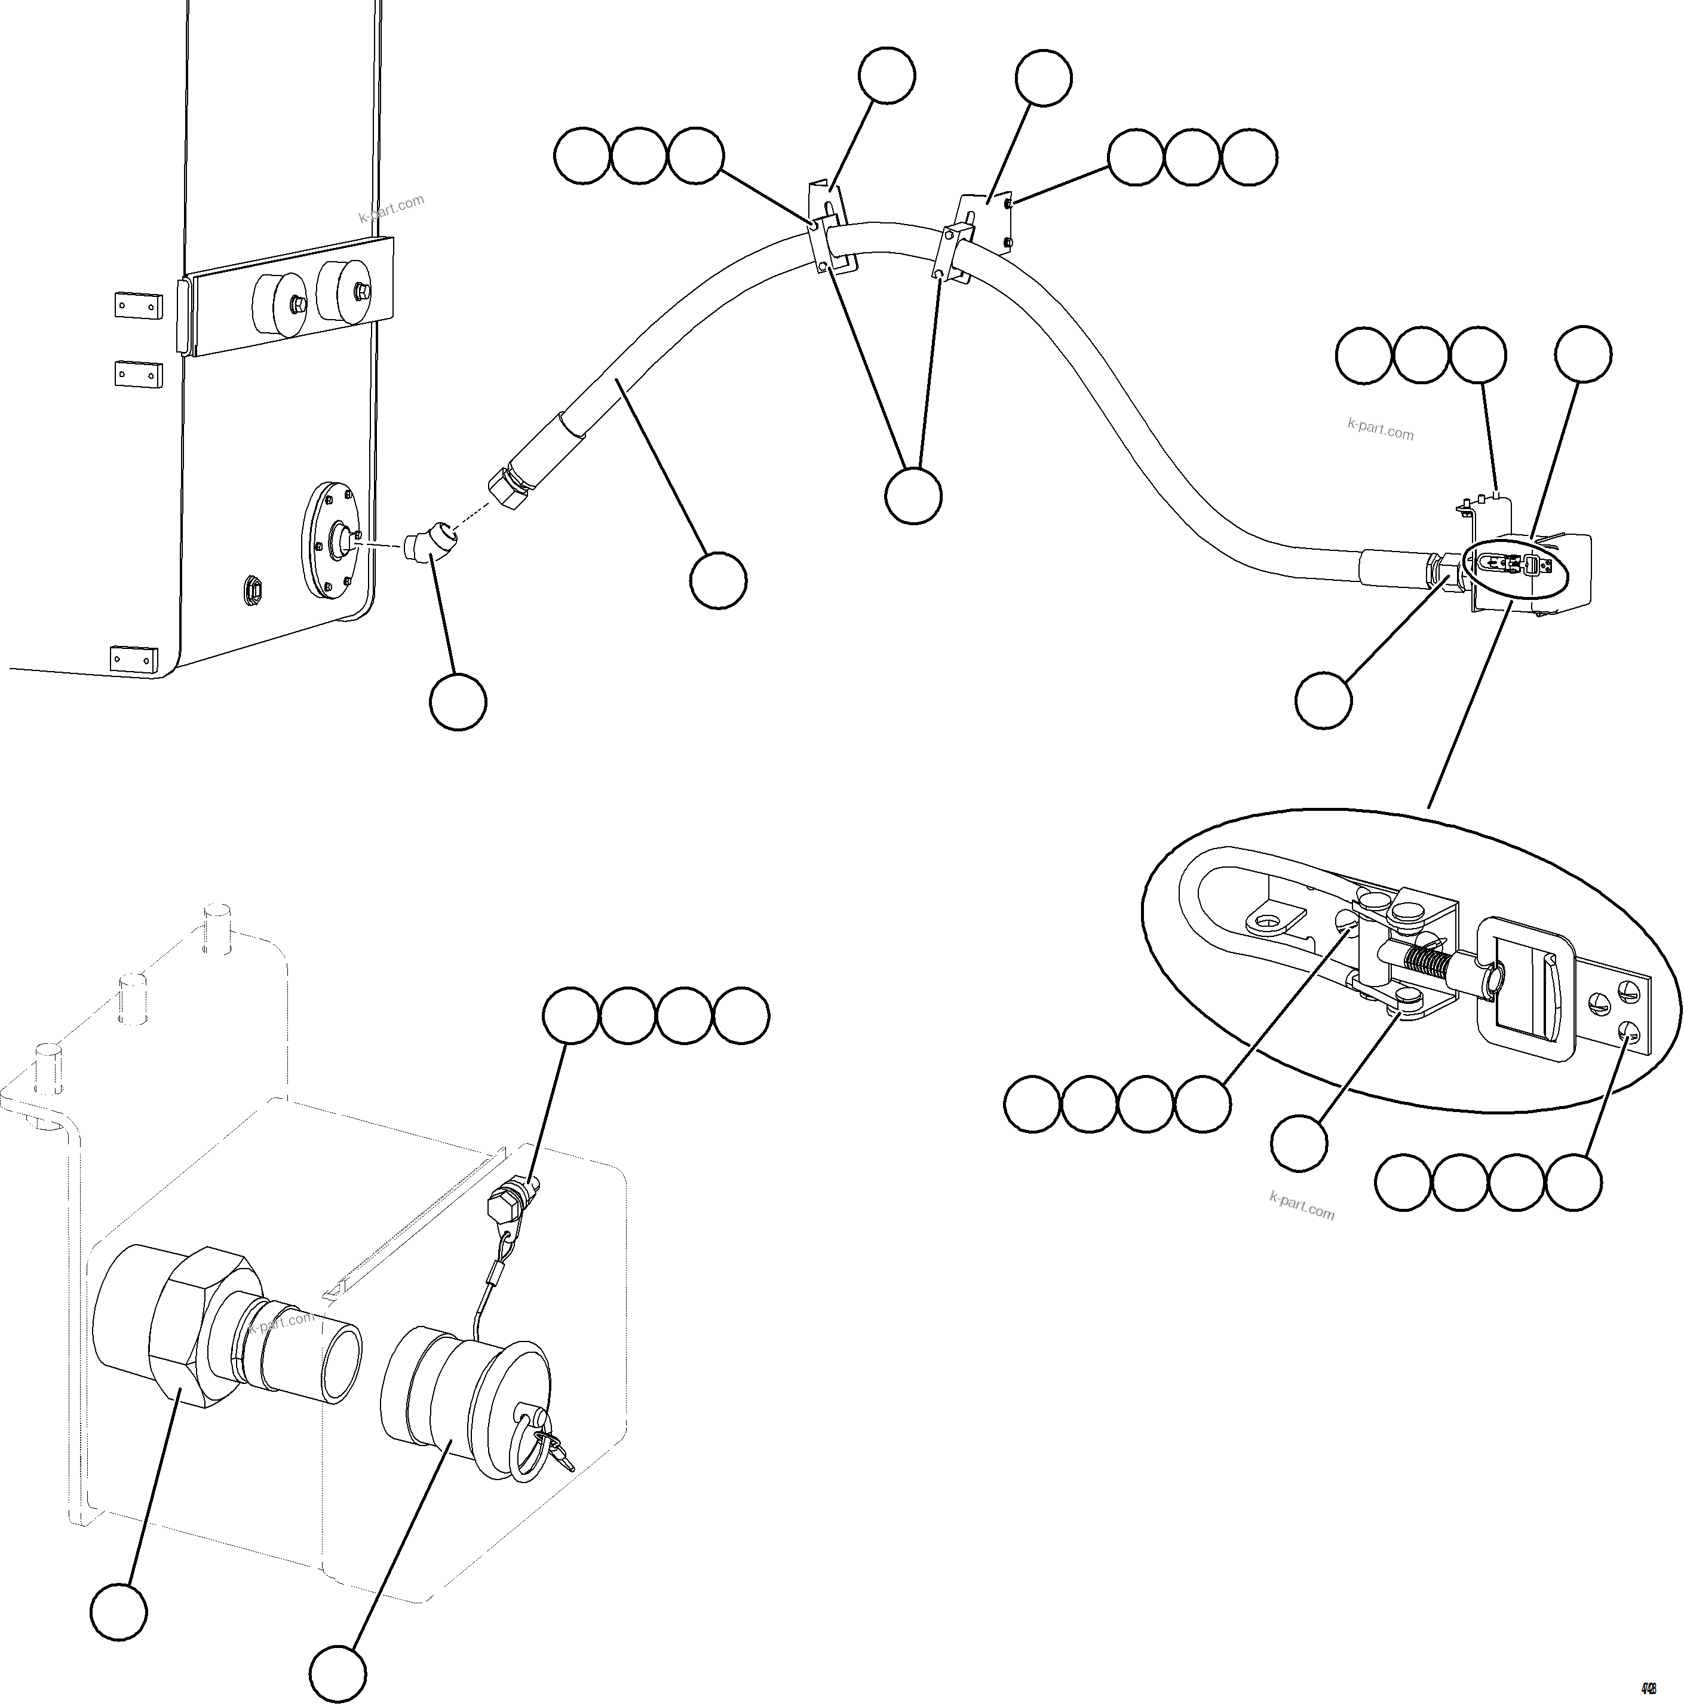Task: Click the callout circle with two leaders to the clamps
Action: (x=913, y=495)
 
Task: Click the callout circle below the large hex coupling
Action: (x=118, y=1612)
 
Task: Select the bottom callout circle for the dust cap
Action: (x=338, y=1673)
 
